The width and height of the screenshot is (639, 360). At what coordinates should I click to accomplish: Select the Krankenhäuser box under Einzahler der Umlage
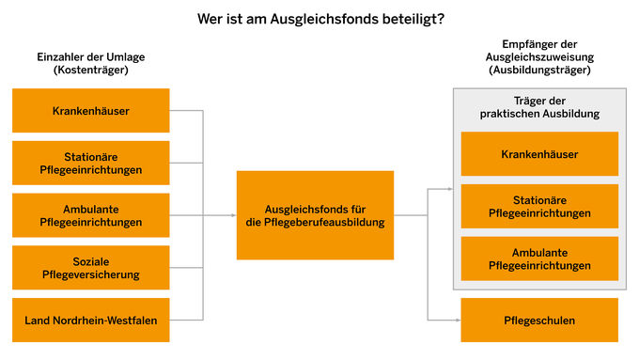[x=91, y=111]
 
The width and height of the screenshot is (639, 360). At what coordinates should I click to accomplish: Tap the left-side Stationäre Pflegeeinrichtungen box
[x=91, y=163]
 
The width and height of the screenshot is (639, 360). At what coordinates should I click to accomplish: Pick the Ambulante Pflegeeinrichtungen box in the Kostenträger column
[x=91, y=215]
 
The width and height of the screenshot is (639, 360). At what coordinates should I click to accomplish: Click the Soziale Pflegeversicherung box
[x=91, y=268]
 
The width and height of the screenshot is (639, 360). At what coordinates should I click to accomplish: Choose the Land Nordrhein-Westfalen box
[x=91, y=321]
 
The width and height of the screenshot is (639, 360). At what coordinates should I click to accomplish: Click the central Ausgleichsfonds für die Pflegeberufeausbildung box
[x=315, y=215]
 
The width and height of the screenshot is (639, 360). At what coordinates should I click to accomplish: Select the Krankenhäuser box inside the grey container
[x=539, y=154]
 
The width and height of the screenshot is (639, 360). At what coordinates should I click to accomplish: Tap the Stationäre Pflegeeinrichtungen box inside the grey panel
[x=539, y=207]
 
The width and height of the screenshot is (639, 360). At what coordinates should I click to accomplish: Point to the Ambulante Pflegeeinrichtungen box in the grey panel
[x=539, y=258]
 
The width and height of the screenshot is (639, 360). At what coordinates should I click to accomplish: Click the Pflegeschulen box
[x=539, y=321]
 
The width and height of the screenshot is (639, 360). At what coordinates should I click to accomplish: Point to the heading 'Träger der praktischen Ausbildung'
[x=539, y=107]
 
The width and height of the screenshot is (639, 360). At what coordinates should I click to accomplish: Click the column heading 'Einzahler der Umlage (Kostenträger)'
[x=91, y=63]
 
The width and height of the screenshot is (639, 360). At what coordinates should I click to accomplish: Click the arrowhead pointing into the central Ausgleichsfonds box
[x=232, y=215]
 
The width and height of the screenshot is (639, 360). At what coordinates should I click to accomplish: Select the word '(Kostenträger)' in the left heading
[x=91, y=70]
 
